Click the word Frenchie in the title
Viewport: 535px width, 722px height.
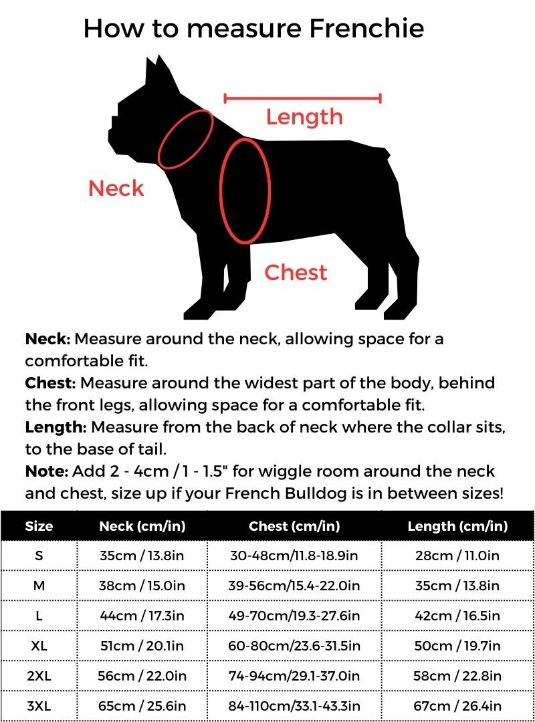click(364, 29)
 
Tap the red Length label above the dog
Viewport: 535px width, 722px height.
click(304, 117)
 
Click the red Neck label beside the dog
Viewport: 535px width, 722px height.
click(116, 189)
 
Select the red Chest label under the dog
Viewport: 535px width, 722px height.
click(296, 273)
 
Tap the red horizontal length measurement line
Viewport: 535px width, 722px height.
click(302, 99)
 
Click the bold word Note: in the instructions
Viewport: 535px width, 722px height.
click(46, 471)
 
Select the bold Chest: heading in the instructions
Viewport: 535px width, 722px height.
click(50, 383)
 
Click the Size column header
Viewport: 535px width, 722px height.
click(39, 526)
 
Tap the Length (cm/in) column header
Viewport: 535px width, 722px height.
click(457, 526)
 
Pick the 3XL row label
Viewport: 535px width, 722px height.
click(39, 706)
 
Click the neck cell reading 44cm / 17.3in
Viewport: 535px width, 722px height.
click(142, 616)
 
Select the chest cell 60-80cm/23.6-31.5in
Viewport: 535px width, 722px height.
click(294, 646)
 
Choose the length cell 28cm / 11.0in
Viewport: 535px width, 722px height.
click(457, 556)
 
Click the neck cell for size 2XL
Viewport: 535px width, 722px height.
click(142, 676)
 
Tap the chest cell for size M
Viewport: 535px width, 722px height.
click(294, 586)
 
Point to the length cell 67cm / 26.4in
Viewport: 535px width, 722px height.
click(457, 706)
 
